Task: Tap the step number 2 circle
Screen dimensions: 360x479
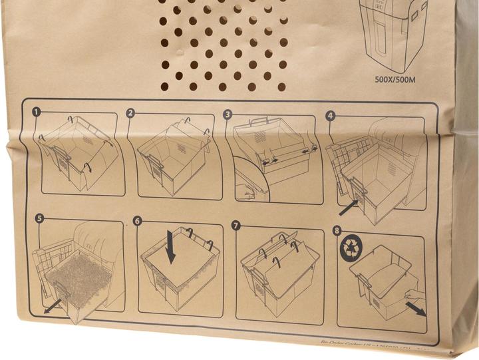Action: tap(131, 113)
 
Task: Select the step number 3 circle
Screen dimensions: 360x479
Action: tap(228, 114)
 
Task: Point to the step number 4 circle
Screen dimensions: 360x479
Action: tap(330, 115)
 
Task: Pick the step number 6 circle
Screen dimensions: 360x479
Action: tap(138, 221)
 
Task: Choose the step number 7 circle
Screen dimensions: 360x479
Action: tap(236, 225)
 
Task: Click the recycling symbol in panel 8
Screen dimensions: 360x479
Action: tap(351, 250)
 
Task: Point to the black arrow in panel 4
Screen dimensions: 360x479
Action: tap(347, 208)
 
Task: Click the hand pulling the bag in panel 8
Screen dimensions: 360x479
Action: tap(407, 293)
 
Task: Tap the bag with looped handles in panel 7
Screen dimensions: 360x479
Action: tap(276, 266)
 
